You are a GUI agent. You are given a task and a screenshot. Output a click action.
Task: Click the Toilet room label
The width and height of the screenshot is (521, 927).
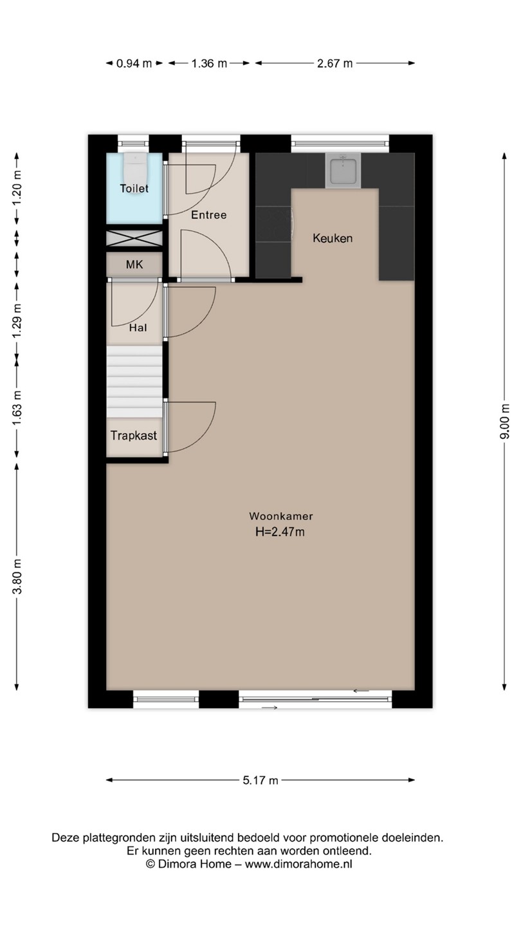(x=134, y=189)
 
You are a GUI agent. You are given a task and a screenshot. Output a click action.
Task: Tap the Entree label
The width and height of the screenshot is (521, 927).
(x=209, y=215)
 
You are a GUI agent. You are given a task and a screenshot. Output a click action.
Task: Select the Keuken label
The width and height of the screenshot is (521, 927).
(x=333, y=238)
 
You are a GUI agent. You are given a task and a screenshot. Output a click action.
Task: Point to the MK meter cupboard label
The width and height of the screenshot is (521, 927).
(x=134, y=265)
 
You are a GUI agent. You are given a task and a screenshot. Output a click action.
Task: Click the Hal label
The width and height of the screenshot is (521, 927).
(x=138, y=328)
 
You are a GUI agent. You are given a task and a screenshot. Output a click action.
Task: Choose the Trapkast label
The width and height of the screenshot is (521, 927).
(x=134, y=435)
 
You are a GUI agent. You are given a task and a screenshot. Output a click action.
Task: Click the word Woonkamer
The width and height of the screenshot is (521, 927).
(x=281, y=516)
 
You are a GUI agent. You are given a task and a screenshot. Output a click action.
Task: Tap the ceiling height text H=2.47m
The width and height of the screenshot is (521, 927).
(x=280, y=532)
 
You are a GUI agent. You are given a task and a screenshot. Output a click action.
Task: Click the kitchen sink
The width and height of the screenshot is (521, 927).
(x=343, y=171)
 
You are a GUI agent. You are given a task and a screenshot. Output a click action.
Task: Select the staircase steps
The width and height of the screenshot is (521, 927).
(x=134, y=382)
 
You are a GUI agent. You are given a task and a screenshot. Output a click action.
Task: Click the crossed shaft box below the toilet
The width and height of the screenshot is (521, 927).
(x=134, y=238)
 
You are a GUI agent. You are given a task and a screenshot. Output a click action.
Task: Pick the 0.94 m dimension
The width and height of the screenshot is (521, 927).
(x=134, y=63)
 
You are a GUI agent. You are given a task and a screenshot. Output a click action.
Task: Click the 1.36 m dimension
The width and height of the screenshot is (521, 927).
(x=209, y=63)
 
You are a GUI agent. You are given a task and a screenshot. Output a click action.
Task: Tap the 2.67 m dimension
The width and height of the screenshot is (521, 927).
(x=335, y=63)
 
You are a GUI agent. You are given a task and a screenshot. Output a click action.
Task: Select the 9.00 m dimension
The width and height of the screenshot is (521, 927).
(x=504, y=421)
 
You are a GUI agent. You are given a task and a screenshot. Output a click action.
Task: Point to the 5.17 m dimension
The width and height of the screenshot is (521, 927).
(x=260, y=780)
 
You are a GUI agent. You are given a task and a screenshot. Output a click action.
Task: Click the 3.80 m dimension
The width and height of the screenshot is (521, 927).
(x=17, y=576)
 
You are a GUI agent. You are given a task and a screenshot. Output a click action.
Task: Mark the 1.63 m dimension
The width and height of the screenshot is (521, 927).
(x=17, y=407)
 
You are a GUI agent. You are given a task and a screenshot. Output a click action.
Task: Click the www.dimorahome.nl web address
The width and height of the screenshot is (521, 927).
(x=298, y=864)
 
